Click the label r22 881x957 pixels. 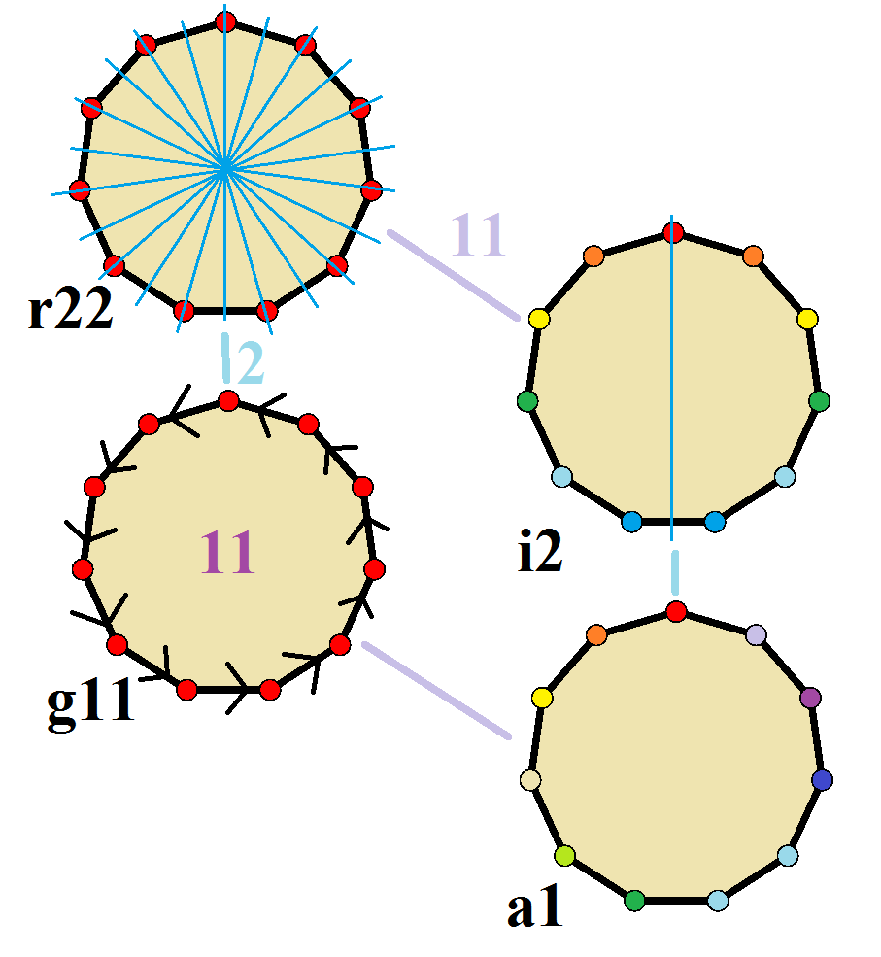pyautogui.click(x=70, y=308)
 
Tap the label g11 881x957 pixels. pyautogui.click(x=90, y=701)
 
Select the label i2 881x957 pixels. pyautogui.click(x=539, y=551)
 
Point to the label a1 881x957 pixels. pyautogui.click(x=534, y=906)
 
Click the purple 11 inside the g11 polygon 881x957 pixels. pyautogui.click(x=227, y=552)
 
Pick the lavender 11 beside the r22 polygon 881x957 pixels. pyautogui.click(x=478, y=234)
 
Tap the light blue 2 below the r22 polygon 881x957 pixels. pyautogui.click(x=250, y=362)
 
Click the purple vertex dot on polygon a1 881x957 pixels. pyautogui.click(x=810, y=698)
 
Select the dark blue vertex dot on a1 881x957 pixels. pyautogui.click(x=823, y=780)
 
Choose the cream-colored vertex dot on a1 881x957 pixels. pyautogui.click(x=530, y=780)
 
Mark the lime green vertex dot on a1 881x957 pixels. pyautogui.click(x=565, y=856)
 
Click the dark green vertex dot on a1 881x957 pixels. pyautogui.click(x=634, y=901)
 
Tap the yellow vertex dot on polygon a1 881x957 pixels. pyautogui.click(x=542, y=698)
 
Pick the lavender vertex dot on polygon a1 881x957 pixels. pyautogui.click(x=756, y=634)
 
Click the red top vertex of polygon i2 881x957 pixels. pyautogui.click(x=673, y=232)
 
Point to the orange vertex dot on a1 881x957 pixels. pyautogui.click(x=596, y=634)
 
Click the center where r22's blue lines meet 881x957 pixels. pyautogui.click(x=224, y=166)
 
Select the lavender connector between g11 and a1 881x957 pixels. pyautogui.click(x=436, y=690)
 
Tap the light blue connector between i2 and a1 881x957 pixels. pyautogui.click(x=675, y=572)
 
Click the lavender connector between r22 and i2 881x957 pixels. pyautogui.click(x=454, y=275)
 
